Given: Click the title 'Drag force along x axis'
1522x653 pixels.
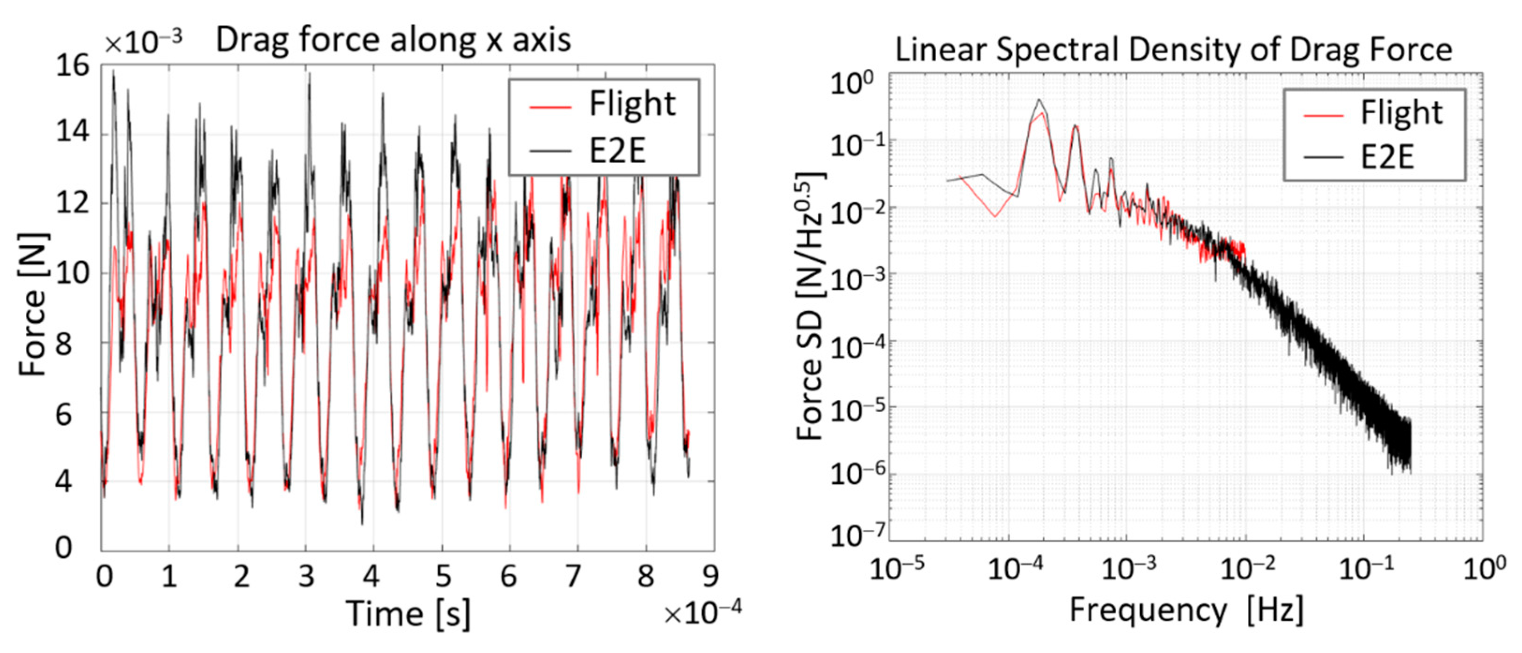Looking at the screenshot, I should (393, 40).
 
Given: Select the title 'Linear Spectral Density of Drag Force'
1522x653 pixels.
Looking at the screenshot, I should (1173, 50).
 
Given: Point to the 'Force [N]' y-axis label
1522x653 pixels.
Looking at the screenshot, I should (32, 304).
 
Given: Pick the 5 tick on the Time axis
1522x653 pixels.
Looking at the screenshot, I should (443, 575).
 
